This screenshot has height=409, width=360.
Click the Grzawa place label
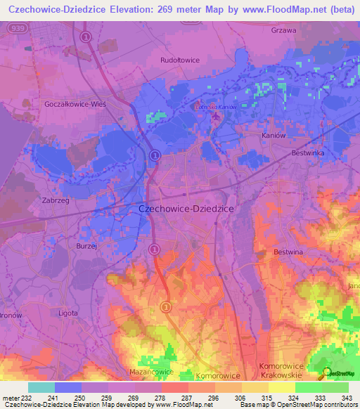coord(284,30)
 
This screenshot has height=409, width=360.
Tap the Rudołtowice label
coord(181,60)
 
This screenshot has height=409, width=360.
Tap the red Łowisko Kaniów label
coord(216,106)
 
